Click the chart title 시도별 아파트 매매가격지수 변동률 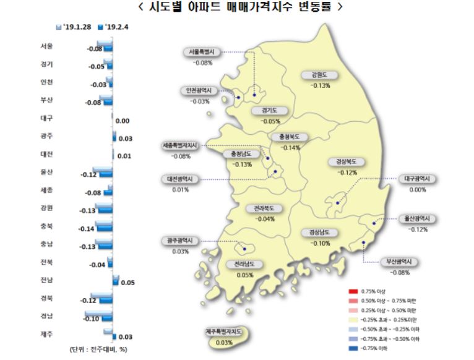pos(237,8)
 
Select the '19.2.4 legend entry pos(118,27)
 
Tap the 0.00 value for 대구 pos(122,121)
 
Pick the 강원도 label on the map pos(321,75)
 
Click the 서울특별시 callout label pos(202,53)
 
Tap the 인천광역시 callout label pos(200,90)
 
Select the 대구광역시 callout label pos(417,179)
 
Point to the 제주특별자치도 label pos(225,333)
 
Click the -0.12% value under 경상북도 pos(347,173)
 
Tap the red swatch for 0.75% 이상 pos(353,291)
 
